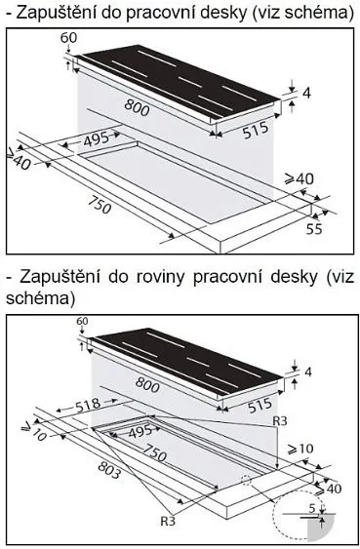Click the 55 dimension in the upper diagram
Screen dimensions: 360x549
pyautogui.click(x=314, y=228)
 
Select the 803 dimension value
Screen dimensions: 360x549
pyautogui.click(x=109, y=469)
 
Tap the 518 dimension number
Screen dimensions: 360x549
pyautogui.click(x=88, y=405)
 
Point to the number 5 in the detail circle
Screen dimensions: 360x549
pyautogui.click(x=312, y=508)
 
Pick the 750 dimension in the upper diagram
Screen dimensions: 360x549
pyautogui.click(x=100, y=204)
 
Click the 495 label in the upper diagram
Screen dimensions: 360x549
pyautogui.click(x=97, y=139)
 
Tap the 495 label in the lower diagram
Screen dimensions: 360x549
pyautogui.click(x=140, y=431)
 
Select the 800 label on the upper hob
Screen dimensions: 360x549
pyautogui.click(x=137, y=107)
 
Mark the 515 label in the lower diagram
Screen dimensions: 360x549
pyautogui.click(x=260, y=405)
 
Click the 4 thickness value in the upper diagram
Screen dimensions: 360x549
pyautogui.click(x=306, y=94)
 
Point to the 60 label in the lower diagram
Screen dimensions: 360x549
pyautogui.click(x=82, y=321)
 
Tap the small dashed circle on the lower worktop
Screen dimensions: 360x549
pyautogui.click(x=247, y=480)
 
